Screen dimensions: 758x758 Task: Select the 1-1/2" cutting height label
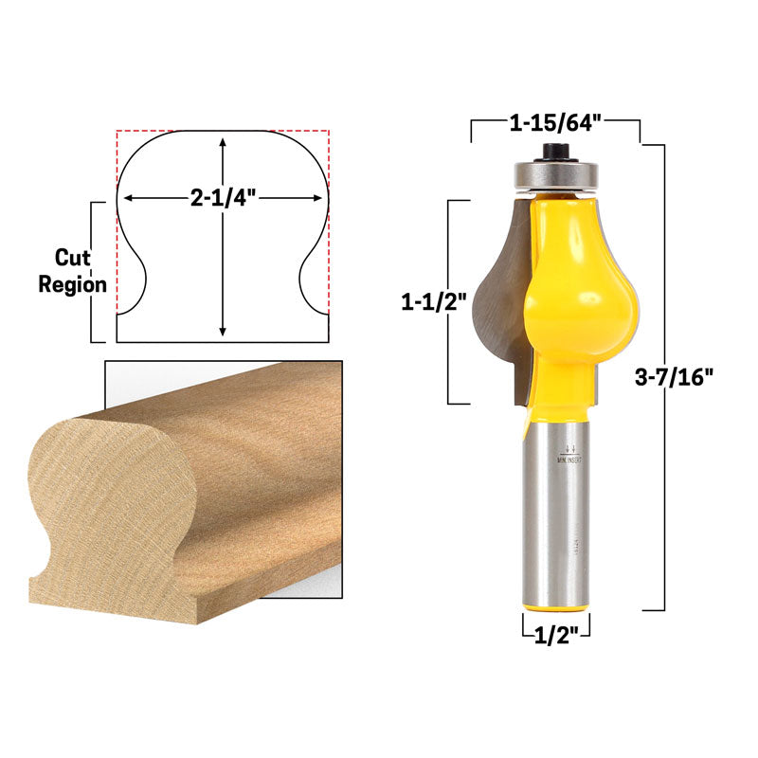pos(433,302)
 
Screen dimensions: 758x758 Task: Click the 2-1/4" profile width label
pos(223,198)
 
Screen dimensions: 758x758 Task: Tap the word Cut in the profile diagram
pos(72,258)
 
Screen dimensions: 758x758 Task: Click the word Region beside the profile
pos(72,284)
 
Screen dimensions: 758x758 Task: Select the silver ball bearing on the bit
pos(555,174)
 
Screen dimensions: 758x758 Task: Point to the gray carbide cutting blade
pos(497,303)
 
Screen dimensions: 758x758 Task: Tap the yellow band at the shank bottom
pos(555,604)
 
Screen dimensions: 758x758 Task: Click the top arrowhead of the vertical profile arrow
pos(223,141)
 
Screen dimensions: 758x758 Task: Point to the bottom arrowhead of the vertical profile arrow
pos(223,331)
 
